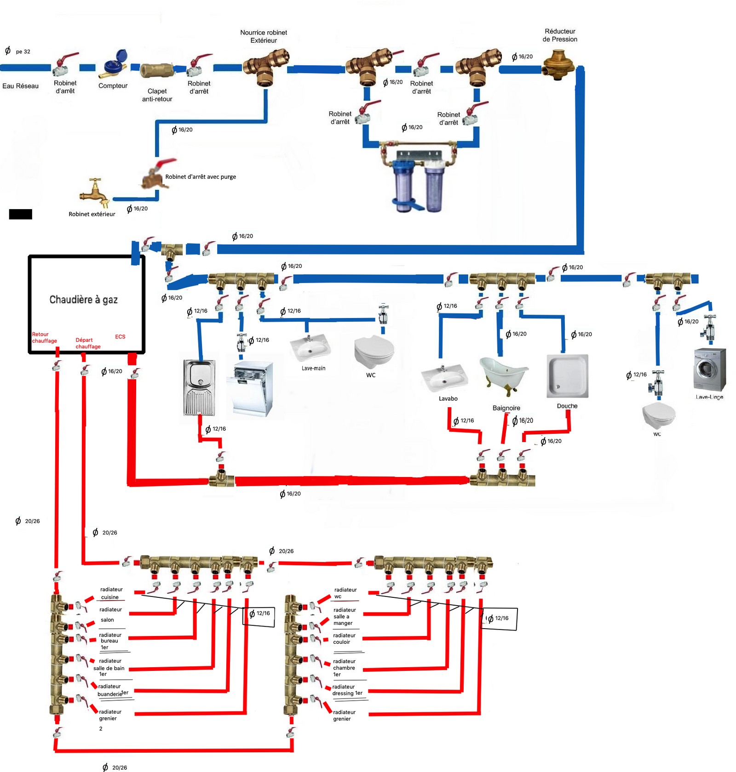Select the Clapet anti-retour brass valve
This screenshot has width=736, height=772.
[x=156, y=70]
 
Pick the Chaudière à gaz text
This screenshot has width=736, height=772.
[x=83, y=300]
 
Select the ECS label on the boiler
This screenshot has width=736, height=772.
[x=120, y=337]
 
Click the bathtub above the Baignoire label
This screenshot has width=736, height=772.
[x=504, y=375]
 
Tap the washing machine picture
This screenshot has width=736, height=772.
[x=710, y=370]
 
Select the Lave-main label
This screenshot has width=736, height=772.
[x=313, y=369]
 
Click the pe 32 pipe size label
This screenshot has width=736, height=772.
[x=23, y=51]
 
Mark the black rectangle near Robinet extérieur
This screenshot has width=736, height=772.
[x=21, y=214]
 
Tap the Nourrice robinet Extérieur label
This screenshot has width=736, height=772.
[x=264, y=36]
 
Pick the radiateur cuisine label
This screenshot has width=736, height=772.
[x=111, y=593]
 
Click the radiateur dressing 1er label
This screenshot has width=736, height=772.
[x=347, y=690]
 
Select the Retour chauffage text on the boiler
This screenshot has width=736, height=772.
[x=44, y=338]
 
